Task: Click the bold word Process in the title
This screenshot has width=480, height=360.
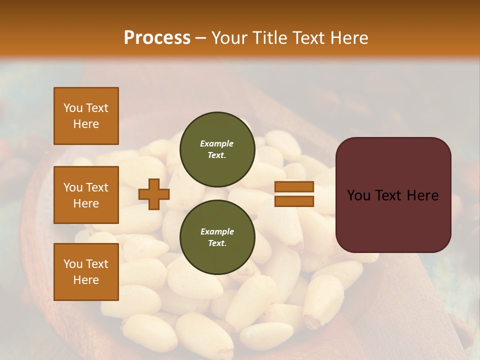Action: click(x=157, y=38)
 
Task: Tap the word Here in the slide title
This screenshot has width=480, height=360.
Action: click(x=348, y=38)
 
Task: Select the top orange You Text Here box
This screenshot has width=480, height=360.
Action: click(x=86, y=116)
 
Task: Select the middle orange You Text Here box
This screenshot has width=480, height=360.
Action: click(x=86, y=195)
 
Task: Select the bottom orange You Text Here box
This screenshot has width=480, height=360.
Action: click(x=86, y=272)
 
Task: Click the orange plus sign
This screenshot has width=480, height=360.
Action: click(x=154, y=194)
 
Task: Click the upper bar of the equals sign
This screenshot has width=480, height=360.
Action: click(x=294, y=187)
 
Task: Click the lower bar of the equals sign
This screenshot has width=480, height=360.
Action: click(x=294, y=201)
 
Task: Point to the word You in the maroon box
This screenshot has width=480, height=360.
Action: click(x=359, y=195)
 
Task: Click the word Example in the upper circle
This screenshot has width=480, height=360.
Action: click(x=217, y=143)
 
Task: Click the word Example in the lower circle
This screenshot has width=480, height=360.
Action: click(x=217, y=231)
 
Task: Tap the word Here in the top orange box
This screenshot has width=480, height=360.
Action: click(x=86, y=124)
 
